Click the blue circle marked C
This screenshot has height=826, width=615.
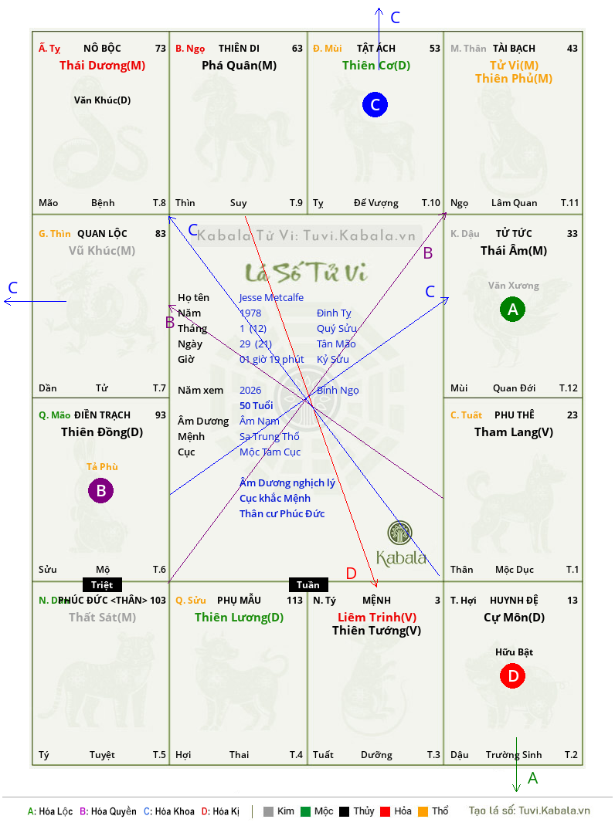click(375, 105)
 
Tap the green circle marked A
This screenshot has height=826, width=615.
click(511, 310)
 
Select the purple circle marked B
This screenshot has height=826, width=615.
click(101, 490)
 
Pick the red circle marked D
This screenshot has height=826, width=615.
click(511, 676)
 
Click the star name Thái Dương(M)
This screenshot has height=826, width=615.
click(102, 66)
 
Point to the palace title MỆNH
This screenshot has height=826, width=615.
click(376, 600)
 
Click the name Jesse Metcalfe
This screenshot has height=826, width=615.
click(271, 297)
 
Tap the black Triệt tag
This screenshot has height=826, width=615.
click(102, 584)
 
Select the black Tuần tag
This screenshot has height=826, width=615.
click(308, 584)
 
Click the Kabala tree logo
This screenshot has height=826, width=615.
click(400, 533)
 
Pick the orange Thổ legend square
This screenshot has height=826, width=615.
click(422, 811)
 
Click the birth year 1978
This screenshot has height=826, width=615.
click(250, 313)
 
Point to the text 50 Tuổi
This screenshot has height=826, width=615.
click(257, 405)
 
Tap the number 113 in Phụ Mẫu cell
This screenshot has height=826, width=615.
click(294, 600)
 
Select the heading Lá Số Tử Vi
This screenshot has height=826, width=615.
click(307, 272)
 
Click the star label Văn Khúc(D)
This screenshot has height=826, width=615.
click(102, 100)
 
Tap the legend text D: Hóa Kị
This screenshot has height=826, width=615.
click(220, 811)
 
